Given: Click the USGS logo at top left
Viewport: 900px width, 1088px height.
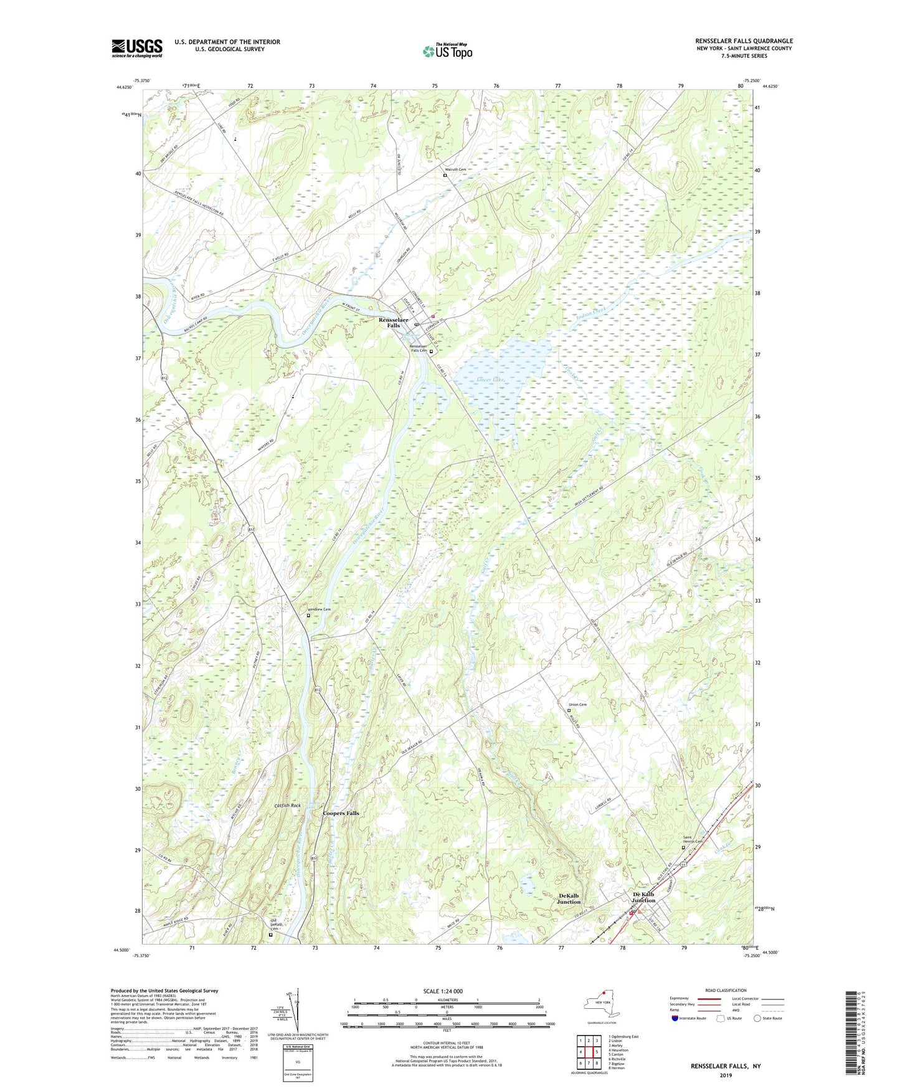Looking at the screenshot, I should (137, 48).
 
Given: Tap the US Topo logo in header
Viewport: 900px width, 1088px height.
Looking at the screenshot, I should (447, 51).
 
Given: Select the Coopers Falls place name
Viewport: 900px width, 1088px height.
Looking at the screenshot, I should (341, 813).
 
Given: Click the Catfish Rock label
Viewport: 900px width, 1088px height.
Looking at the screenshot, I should (287, 806).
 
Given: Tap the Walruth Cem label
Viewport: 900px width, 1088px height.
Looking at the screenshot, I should (455, 170).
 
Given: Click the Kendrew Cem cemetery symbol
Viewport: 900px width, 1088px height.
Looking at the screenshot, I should (308, 616).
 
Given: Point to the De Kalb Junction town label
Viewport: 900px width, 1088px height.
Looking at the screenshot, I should (643, 898).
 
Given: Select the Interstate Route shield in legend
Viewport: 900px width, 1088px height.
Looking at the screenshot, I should (675, 1018).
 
